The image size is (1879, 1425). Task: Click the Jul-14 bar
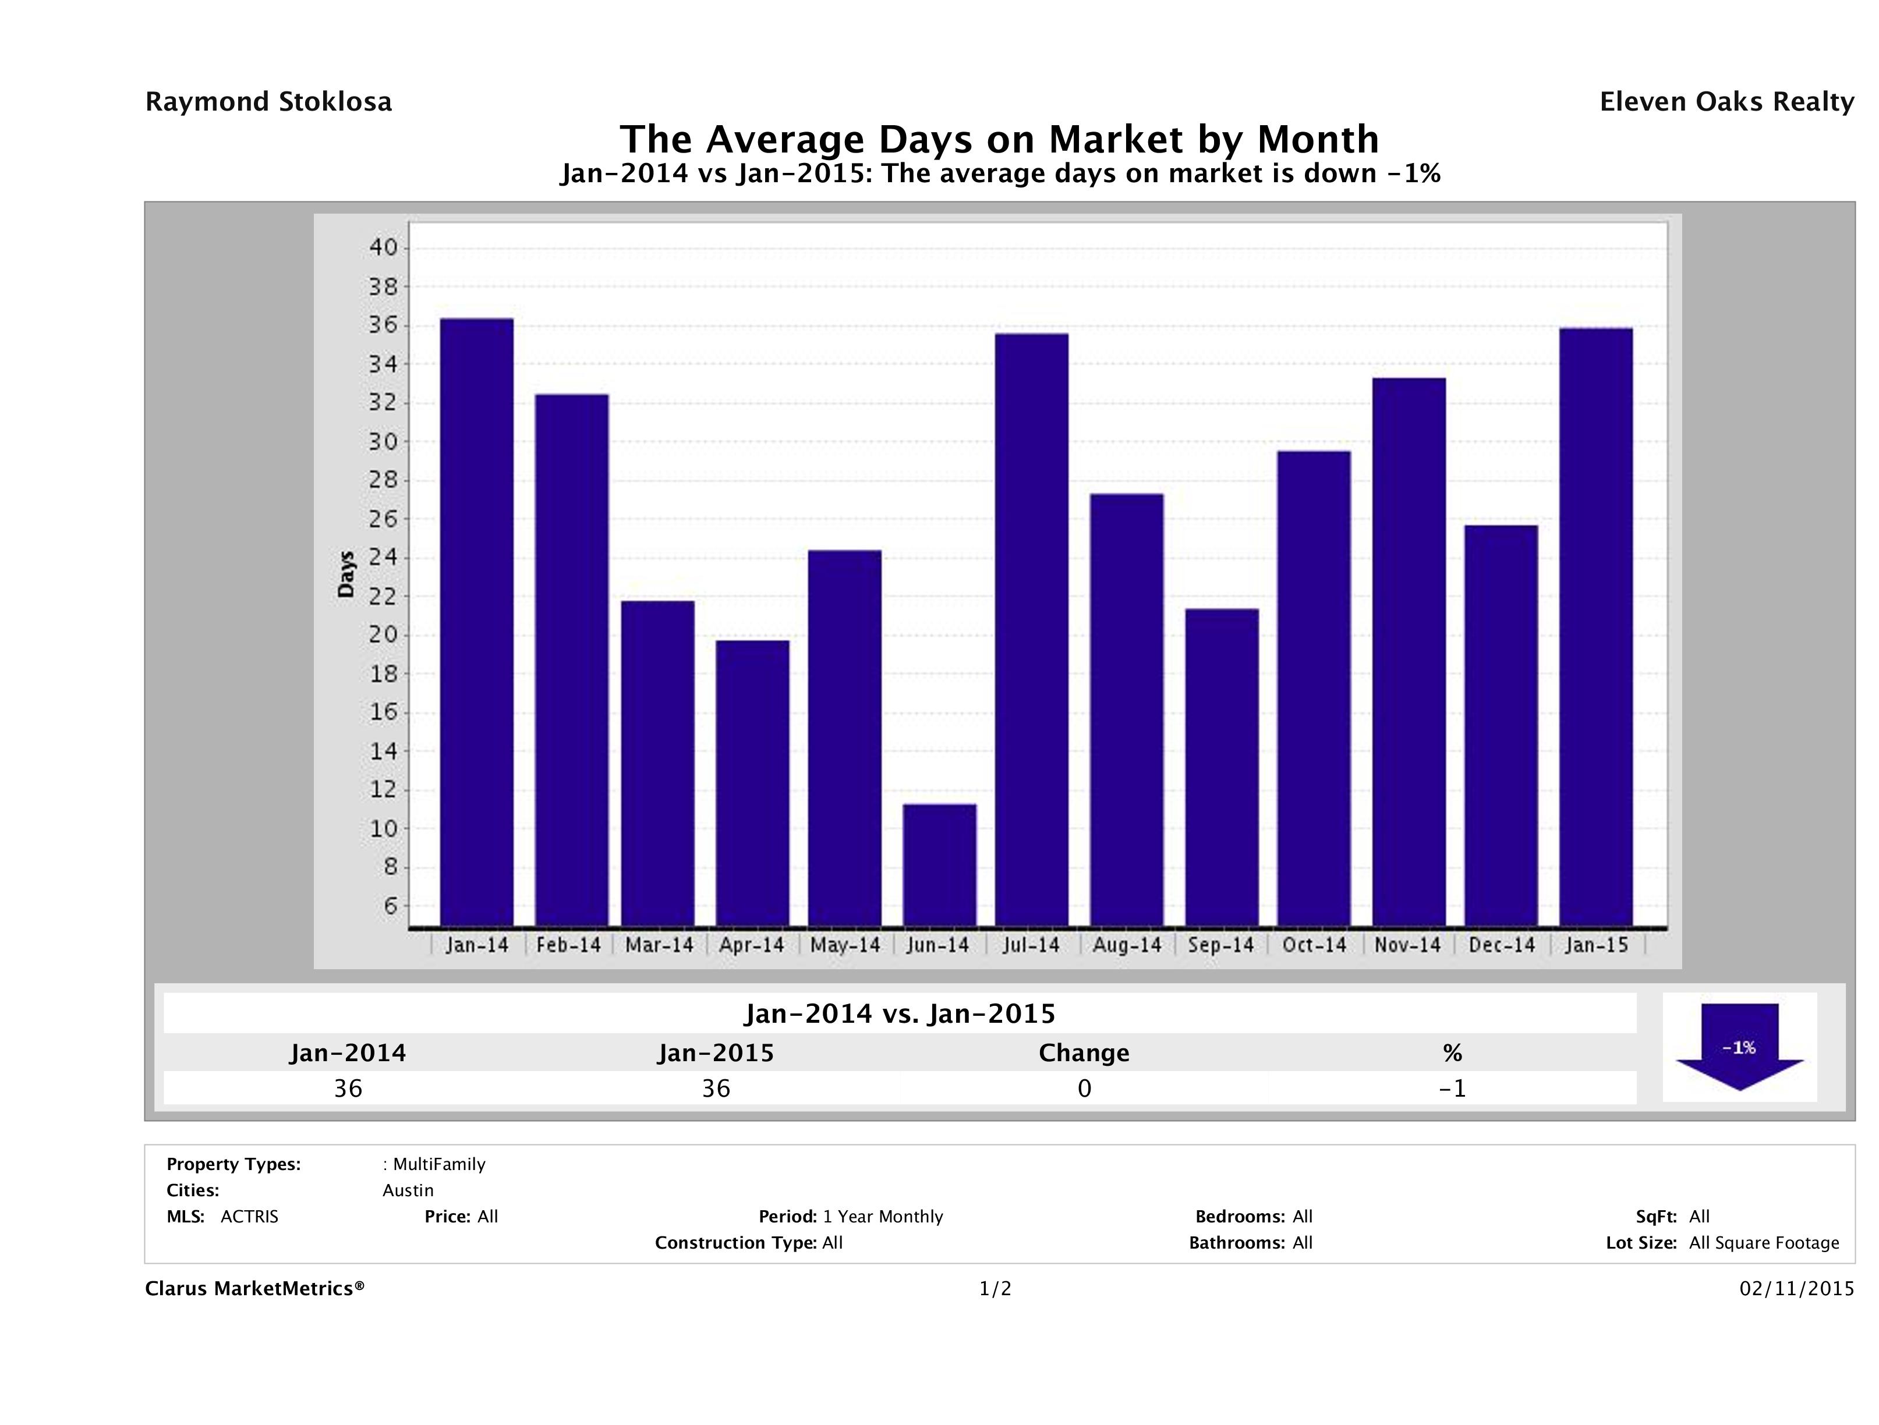(1032, 629)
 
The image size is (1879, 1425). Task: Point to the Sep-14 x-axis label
(1220, 945)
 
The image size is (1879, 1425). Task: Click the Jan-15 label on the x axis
(1596, 945)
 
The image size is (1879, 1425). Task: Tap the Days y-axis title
(346, 575)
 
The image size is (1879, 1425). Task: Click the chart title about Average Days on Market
(999, 139)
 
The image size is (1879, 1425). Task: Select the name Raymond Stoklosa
(268, 102)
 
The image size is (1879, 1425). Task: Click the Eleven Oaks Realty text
(1726, 102)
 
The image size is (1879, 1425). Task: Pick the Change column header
(1084, 1053)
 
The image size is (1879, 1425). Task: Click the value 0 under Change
(1084, 1089)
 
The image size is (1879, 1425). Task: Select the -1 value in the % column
(1453, 1089)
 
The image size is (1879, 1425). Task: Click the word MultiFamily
(439, 1164)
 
